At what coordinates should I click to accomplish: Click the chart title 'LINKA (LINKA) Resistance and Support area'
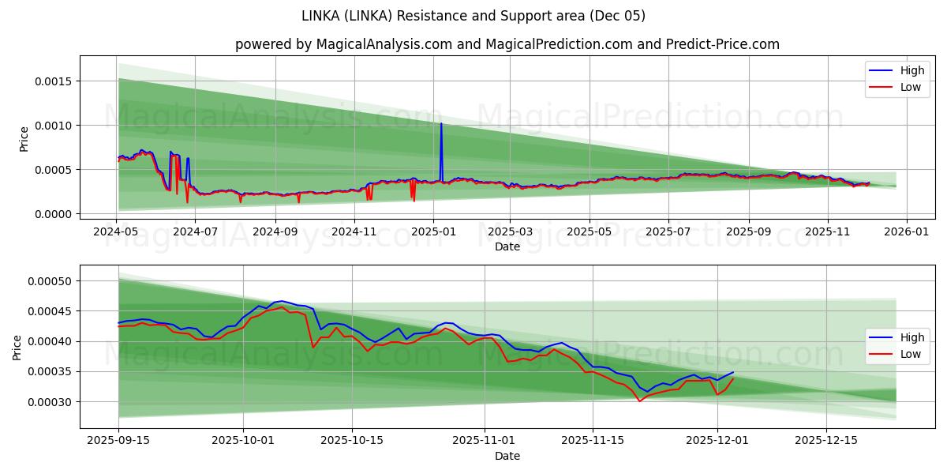tap(473, 16)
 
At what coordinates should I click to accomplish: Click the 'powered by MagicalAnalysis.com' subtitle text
tap(507, 44)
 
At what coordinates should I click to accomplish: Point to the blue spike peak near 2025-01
tap(441, 124)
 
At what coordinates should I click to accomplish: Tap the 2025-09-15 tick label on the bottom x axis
tap(118, 440)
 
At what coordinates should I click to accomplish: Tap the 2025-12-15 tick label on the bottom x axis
tap(825, 440)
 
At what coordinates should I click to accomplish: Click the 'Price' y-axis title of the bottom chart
tap(17, 347)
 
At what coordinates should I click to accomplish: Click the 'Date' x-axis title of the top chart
tap(507, 246)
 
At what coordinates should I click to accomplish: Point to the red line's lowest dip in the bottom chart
tap(640, 401)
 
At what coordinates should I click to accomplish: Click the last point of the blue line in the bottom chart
tap(733, 372)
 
